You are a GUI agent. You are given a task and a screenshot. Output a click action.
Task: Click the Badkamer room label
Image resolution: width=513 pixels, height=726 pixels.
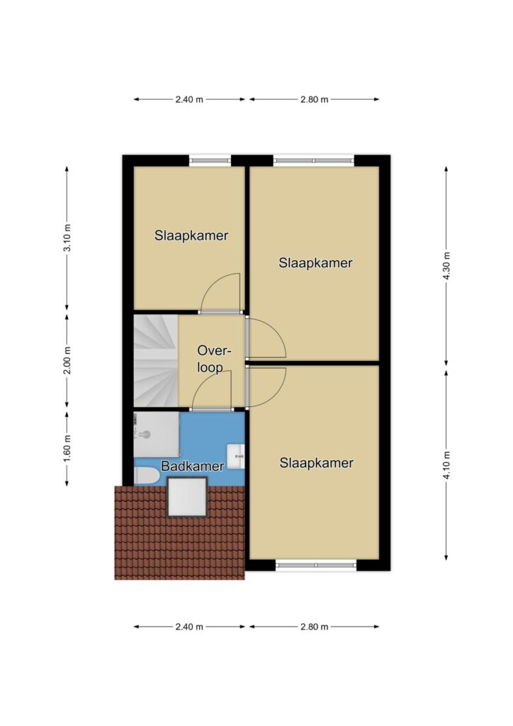tap(193, 466)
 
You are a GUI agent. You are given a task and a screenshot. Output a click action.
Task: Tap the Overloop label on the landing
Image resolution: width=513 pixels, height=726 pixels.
tap(214, 358)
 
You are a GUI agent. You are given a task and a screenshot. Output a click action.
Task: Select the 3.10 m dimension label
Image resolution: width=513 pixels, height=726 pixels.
tap(67, 238)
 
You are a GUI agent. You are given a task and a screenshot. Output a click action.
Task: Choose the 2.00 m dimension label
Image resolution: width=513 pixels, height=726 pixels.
tap(67, 360)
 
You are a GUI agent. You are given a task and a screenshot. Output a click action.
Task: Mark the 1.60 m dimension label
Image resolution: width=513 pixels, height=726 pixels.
tap(67, 448)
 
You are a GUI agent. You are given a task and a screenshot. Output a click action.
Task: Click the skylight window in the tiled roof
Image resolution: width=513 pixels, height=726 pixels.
tap(187, 496)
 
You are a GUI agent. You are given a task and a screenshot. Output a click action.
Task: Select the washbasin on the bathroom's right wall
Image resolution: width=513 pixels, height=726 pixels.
tap(236, 457)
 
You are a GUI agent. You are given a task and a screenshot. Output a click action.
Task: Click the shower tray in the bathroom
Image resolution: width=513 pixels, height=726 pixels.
tap(157, 435)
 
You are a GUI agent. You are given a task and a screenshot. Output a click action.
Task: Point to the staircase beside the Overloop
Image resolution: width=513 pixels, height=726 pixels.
tap(156, 361)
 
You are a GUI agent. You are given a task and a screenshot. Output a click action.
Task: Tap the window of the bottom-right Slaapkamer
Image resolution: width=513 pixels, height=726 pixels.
tap(317, 564)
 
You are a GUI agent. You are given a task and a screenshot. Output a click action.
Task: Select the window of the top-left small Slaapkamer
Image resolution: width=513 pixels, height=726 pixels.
tap(210, 161)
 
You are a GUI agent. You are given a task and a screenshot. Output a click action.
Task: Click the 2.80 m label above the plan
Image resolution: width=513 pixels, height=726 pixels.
tap(315, 99)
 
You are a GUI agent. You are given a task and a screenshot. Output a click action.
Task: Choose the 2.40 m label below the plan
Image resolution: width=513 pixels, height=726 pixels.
tap(189, 627)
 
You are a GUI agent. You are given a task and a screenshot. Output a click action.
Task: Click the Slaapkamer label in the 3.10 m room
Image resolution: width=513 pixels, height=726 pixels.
tap(191, 235)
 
